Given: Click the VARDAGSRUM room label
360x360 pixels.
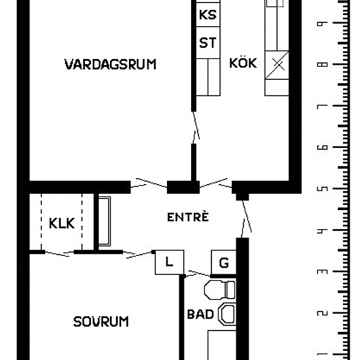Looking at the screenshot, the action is (x=110, y=64).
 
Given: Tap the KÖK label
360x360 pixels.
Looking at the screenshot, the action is (x=243, y=62).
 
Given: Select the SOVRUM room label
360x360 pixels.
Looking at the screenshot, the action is (x=101, y=321).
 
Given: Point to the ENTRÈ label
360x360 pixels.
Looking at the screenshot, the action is (x=188, y=217).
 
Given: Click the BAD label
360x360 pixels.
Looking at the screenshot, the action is (x=200, y=314).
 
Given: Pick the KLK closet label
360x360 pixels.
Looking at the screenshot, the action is (x=62, y=223).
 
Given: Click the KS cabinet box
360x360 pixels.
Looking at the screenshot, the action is (x=208, y=14).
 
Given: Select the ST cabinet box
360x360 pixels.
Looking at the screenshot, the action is (x=208, y=43).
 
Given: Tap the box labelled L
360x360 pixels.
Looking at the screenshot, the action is (x=170, y=262).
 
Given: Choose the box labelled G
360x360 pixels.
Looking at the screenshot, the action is (x=224, y=262).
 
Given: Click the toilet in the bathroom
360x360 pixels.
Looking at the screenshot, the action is (x=220, y=290).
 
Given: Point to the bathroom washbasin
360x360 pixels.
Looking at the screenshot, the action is (x=227, y=314).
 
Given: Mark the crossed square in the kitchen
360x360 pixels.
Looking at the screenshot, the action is (x=277, y=65).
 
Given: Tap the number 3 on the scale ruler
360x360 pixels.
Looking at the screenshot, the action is (x=322, y=272).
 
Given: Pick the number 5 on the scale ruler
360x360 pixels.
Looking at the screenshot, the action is (x=322, y=189).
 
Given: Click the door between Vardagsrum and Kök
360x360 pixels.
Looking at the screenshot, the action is (x=196, y=128).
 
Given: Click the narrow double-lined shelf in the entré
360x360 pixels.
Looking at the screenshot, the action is (x=105, y=221).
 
